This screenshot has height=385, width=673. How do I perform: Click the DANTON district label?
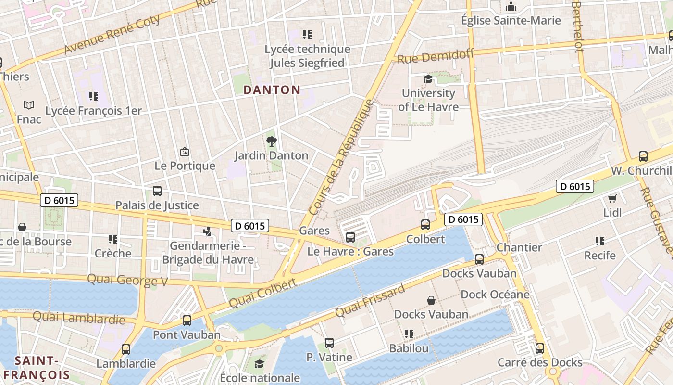(x=272, y=90)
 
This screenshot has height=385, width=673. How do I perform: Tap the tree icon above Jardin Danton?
(x=272, y=141)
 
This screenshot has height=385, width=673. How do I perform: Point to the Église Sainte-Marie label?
(x=511, y=20)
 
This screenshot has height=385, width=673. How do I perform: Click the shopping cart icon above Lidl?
(x=612, y=198)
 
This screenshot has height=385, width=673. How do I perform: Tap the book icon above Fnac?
(x=29, y=105)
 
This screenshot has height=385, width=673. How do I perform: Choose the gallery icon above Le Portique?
(x=184, y=152)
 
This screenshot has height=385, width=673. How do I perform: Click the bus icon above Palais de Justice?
(x=157, y=191)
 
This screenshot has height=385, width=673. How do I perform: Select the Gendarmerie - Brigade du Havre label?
(x=208, y=253)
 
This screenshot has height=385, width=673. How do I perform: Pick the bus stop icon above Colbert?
(x=425, y=224)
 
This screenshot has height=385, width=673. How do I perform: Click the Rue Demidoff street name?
(x=436, y=56)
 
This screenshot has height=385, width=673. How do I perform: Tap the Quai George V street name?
(x=127, y=280)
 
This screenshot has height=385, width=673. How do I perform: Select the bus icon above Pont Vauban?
(x=187, y=320)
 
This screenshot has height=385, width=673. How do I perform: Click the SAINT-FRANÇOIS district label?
(x=36, y=368)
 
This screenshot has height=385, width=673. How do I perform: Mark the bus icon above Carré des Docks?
(x=540, y=348)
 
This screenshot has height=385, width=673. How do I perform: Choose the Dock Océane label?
(x=495, y=294)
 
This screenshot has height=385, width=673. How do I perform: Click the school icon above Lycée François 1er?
(x=93, y=96)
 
